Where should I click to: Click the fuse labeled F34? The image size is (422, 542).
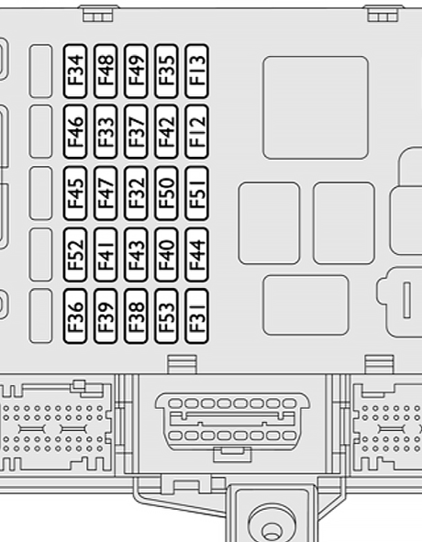pyautogui.click(x=75, y=71)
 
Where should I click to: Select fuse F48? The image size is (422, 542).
pyautogui.click(x=105, y=71)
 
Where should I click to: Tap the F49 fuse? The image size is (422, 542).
pyautogui.click(x=136, y=71)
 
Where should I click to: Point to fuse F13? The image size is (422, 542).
pyautogui.click(x=197, y=71)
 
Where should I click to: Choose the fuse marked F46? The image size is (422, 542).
pyautogui.click(x=75, y=132)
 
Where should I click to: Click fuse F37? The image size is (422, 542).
pyautogui.click(x=136, y=132)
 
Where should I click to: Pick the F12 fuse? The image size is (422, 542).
pyautogui.click(x=197, y=132)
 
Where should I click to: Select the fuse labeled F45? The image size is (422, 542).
pyautogui.click(x=75, y=194)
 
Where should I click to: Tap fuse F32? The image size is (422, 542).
pyautogui.click(x=136, y=194)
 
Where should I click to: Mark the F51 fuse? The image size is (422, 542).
pyautogui.click(x=197, y=194)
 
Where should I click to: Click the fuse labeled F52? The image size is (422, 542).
pyautogui.click(x=75, y=255)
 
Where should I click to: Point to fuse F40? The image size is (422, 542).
pyautogui.click(x=166, y=255)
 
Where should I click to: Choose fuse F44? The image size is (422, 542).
pyautogui.click(x=197, y=255)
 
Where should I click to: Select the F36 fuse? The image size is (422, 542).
pyautogui.click(x=75, y=315)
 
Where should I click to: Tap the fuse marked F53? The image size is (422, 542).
pyautogui.click(x=166, y=315)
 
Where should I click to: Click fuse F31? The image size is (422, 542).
pyautogui.click(x=197, y=315)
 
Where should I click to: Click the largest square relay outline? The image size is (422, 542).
pyautogui.click(x=316, y=107)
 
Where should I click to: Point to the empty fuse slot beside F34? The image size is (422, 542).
pyautogui.click(x=40, y=71)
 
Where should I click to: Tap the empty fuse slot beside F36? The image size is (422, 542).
pyautogui.click(x=40, y=315)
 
